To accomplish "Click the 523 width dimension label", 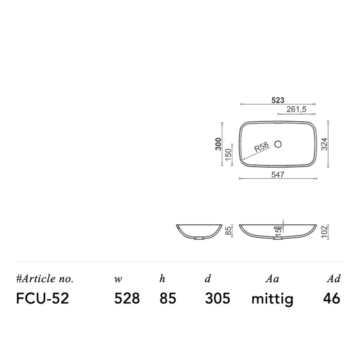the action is pyautogui.click(x=278, y=100).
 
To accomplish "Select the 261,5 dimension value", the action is pyautogui.click(x=296, y=109).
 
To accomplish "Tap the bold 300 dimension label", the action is pyautogui.click(x=219, y=144).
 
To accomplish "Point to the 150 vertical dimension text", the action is pyautogui.click(x=228, y=154).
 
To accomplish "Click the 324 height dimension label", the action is pyautogui.click(x=324, y=144).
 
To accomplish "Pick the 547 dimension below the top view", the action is pyautogui.click(x=278, y=175).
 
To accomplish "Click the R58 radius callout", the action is pyautogui.click(x=261, y=147).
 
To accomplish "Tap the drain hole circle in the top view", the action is pyautogui.click(x=278, y=144).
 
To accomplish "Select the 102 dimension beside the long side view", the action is pyautogui.click(x=324, y=232).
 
